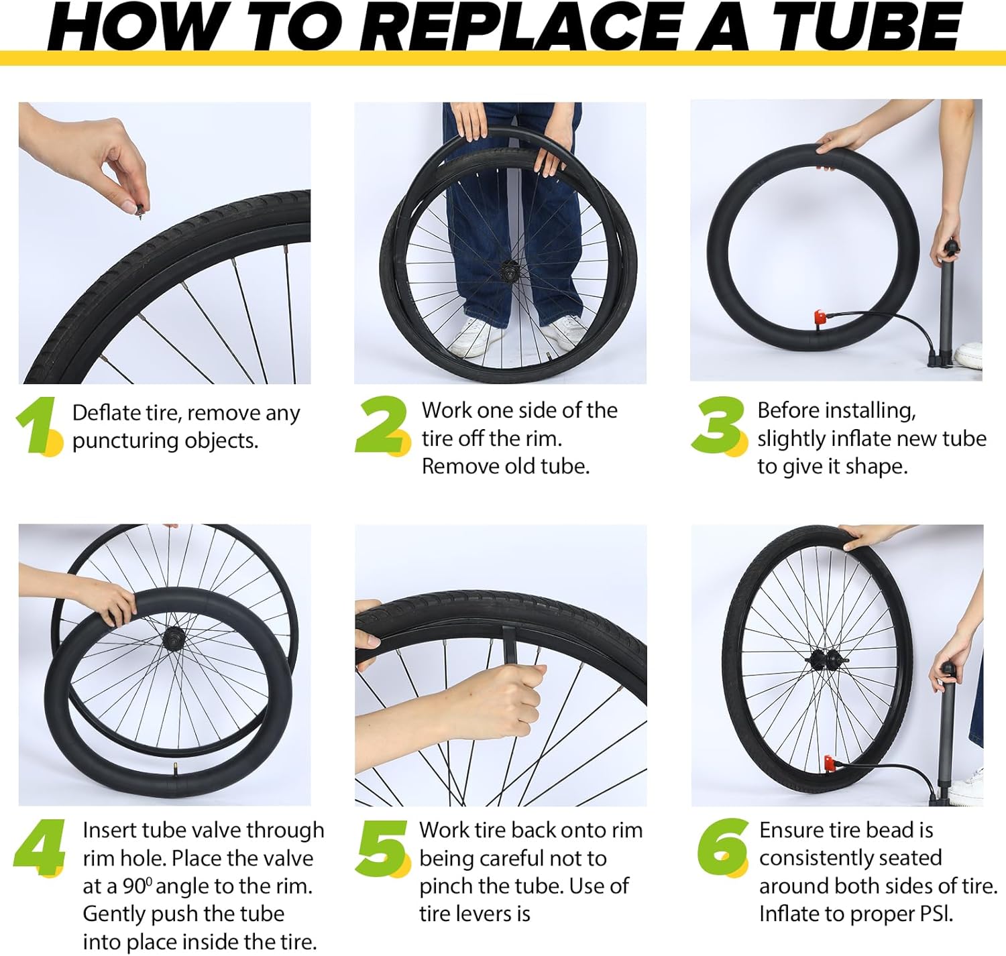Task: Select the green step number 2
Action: tap(381, 424)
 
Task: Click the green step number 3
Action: tap(718, 424)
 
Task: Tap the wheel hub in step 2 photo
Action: tap(510, 272)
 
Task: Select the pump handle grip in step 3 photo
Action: tap(950, 249)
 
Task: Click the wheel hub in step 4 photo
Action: tap(174, 636)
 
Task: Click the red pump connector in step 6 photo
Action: tap(830, 763)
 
